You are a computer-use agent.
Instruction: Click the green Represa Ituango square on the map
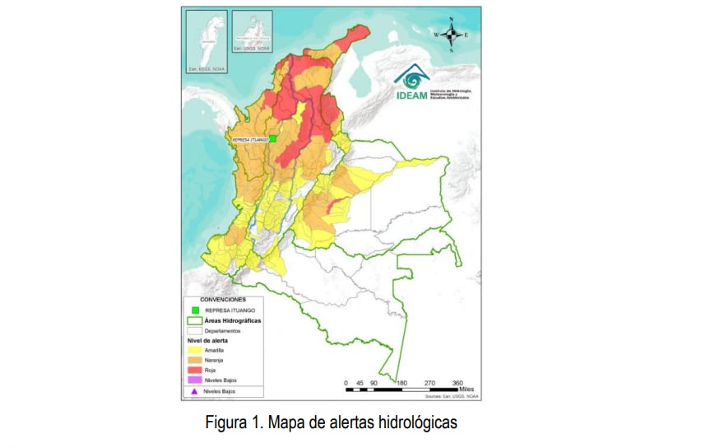[x=273, y=139]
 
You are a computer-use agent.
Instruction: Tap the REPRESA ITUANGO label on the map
[x=250, y=140]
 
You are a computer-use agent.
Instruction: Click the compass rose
[x=452, y=35]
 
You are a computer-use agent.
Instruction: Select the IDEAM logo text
[x=411, y=95]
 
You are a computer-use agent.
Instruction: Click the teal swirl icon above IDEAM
[x=411, y=76]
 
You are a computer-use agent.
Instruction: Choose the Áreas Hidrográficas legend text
[x=233, y=320]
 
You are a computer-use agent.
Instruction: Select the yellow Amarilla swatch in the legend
[x=194, y=350]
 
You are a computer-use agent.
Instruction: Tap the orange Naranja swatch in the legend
[x=194, y=360]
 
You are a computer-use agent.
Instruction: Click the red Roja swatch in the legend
[x=194, y=370]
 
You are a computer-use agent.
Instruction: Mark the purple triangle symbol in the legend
[x=194, y=392]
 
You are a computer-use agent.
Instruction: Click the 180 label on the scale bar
[x=401, y=383]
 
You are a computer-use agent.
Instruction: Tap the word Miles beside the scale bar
[x=471, y=389]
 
